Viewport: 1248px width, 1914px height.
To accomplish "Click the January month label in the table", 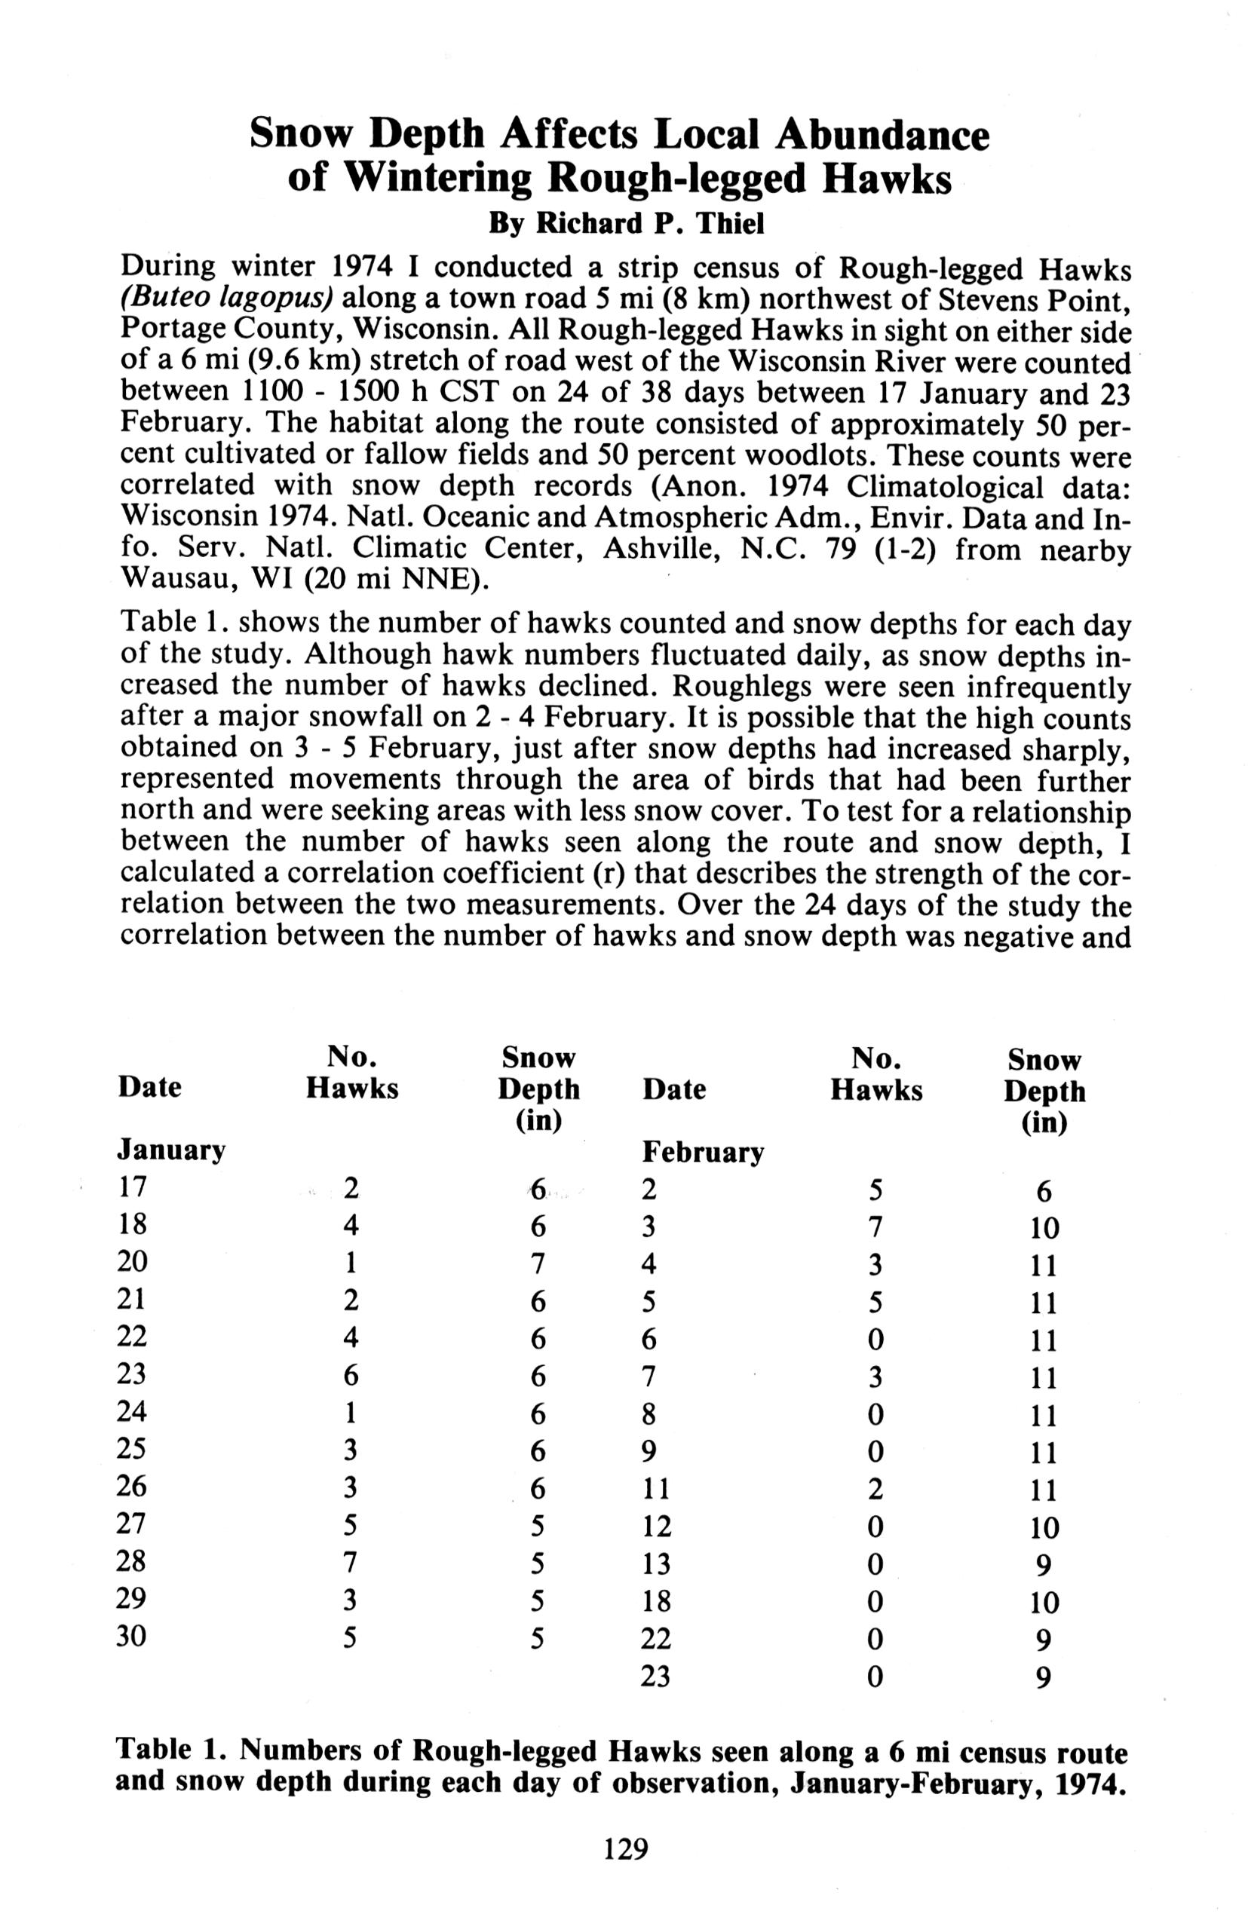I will pos(171,1151).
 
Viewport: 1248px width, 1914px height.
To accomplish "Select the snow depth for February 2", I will pos(1043,1191).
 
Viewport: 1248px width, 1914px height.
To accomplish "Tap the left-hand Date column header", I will pos(149,1087).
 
